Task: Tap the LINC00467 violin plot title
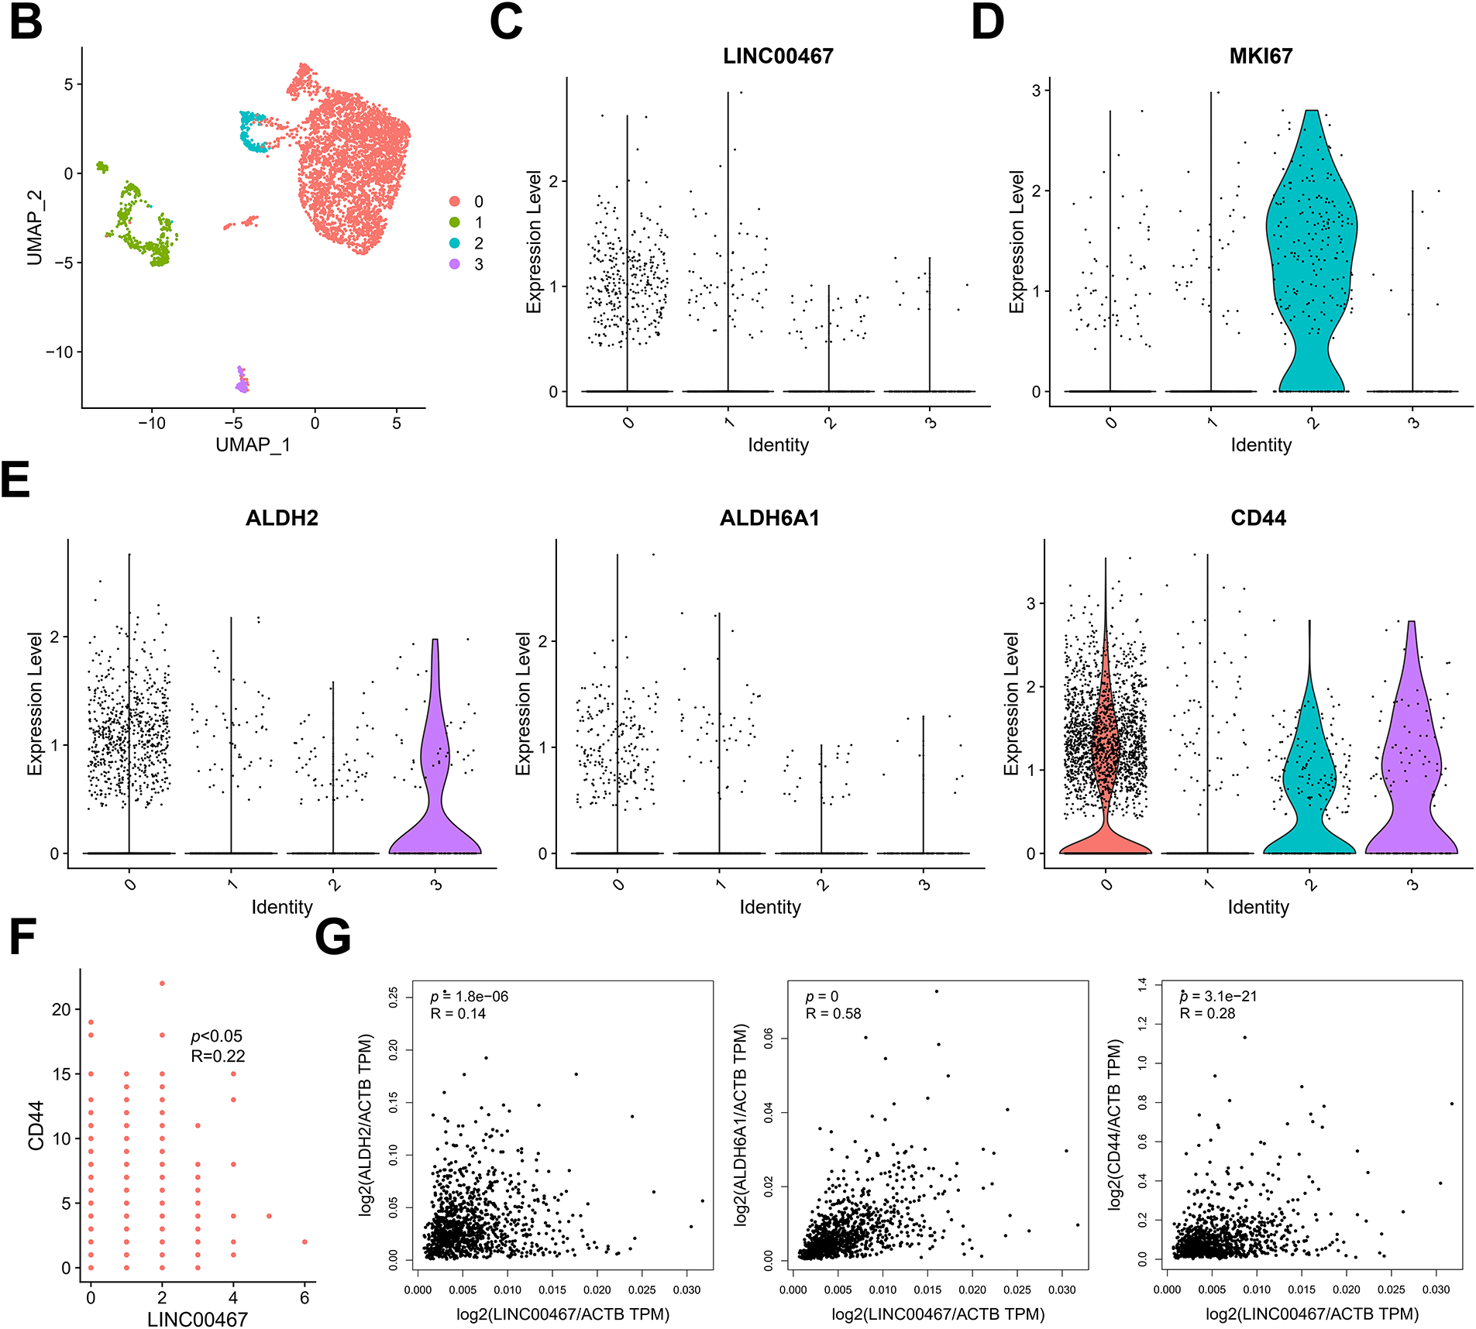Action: pos(777,57)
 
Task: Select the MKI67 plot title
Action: pos(1260,57)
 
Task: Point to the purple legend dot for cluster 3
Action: pos(455,264)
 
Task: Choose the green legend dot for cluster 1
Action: pos(455,222)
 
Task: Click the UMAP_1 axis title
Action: pos(253,445)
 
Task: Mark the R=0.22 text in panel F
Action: pos(218,1056)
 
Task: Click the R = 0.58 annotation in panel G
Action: pos(833,1014)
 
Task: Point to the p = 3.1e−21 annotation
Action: pos(1218,997)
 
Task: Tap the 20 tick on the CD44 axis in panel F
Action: pos(61,1009)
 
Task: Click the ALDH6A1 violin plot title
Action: pos(769,518)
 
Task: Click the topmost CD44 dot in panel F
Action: pos(162,984)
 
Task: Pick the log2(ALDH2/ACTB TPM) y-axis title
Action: pos(366,1124)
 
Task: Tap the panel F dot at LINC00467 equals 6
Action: pos(304,1241)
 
